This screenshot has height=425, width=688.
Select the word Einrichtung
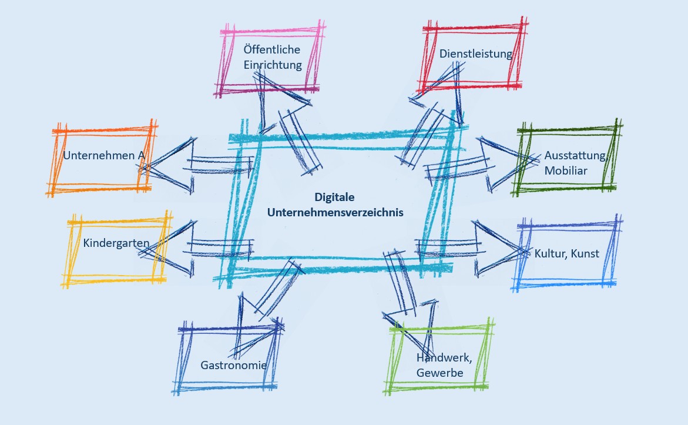(273, 65)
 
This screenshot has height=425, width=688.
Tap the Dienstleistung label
(475, 53)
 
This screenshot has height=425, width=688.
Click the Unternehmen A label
(103, 156)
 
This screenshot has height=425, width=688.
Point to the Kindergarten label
(116, 243)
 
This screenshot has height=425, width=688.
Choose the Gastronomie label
(233, 365)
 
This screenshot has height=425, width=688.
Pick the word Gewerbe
(439, 373)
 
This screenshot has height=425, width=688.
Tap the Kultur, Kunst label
(566, 253)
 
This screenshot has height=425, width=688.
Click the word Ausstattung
(574, 156)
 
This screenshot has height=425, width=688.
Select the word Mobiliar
(565, 171)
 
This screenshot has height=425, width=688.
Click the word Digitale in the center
(335, 198)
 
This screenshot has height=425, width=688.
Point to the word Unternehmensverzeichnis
(335, 213)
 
